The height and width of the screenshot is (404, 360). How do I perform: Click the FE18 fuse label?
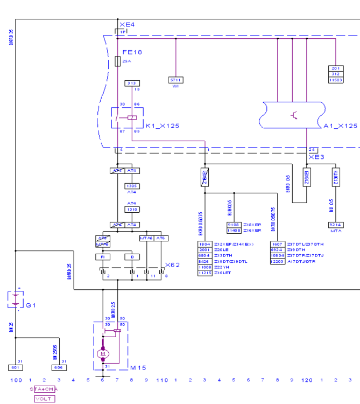click(132, 52)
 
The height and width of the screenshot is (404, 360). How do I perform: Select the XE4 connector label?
click(127, 25)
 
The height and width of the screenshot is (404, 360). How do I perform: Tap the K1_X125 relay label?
click(162, 126)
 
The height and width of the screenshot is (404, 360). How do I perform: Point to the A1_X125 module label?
click(341, 126)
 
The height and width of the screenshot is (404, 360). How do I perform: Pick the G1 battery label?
click(31, 305)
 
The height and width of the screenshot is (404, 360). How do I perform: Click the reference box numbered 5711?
click(176, 80)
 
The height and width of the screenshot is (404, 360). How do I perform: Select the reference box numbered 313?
click(132, 83)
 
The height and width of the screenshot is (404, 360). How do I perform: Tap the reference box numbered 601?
click(16, 367)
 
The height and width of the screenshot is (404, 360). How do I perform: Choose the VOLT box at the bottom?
click(44, 399)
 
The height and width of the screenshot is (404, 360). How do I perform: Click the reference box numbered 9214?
click(335, 225)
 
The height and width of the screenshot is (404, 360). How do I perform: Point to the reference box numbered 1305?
click(132, 186)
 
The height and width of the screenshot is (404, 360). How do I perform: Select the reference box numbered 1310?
click(132, 209)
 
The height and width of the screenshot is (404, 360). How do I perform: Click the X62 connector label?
click(173, 265)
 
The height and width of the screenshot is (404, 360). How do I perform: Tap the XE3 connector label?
click(316, 157)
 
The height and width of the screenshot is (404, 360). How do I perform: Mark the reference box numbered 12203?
click(278, 261)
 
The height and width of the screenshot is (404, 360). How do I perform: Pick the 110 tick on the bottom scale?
click(161, 380)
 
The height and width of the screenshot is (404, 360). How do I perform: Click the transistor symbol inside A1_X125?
click(294, 115)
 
